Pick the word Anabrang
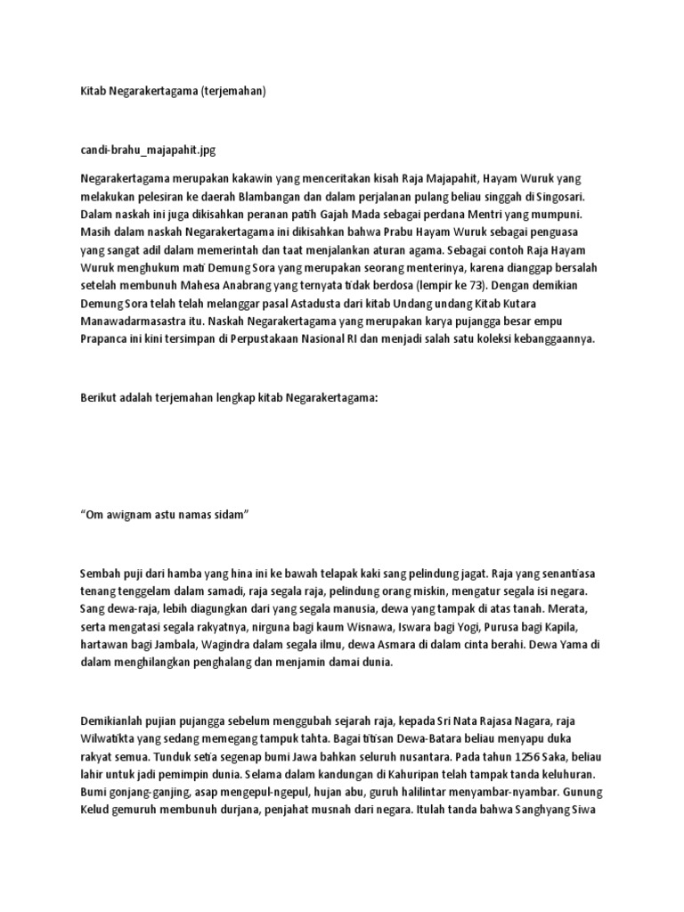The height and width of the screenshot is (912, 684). tap(246, 285)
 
